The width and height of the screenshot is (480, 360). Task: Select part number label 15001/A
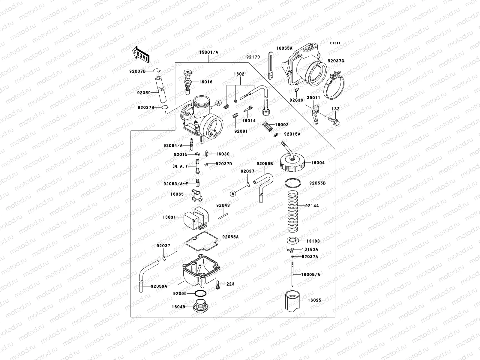click(x=209, y=52)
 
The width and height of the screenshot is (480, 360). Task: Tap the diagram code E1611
click(x=335, y=43)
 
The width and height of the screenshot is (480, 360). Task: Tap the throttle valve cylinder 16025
click(x=292, y=300)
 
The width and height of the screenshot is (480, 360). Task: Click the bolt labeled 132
click(x=333, y=121)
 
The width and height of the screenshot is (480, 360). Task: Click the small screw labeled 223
click(x=218, y=285)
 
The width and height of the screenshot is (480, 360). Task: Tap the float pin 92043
click(x=224, y=215)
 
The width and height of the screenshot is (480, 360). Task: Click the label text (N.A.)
click(x=180, y=166)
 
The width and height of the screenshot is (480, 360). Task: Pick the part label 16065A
click(x=283, y=48)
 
